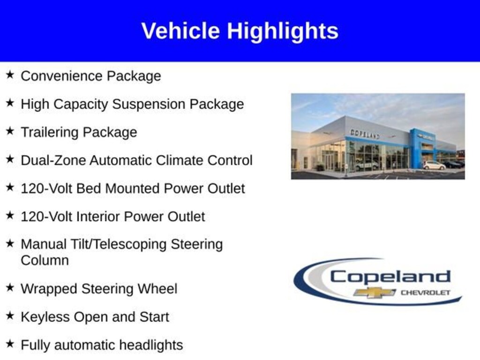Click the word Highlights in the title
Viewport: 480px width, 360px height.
click(283, 31)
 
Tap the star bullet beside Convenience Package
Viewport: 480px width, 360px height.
click(10, 75)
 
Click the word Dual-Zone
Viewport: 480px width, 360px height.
click(53, 160)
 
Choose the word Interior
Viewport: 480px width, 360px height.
click(98, 217)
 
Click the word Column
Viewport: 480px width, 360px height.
click(45, 261)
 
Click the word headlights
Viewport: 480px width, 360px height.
click(151, 345)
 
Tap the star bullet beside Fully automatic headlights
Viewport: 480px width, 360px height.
click(10, 344)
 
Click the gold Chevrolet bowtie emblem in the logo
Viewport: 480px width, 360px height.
click(375, 292)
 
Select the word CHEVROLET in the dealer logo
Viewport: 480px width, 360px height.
click(426, 292)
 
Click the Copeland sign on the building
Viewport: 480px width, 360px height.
click(365, 134)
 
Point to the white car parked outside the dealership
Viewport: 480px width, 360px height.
click(434, 165)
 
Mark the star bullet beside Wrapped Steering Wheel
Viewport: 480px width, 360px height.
click(10, 287)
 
